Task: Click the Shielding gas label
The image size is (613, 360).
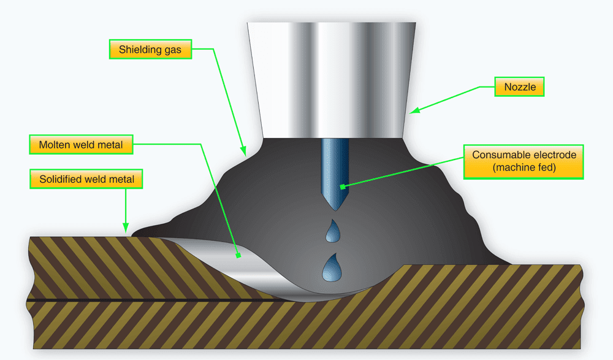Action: (150, 50)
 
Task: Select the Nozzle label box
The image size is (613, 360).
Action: (520, 87)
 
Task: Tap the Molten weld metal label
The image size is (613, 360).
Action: (81, 145)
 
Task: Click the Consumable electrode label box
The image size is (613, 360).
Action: (523, 161)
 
